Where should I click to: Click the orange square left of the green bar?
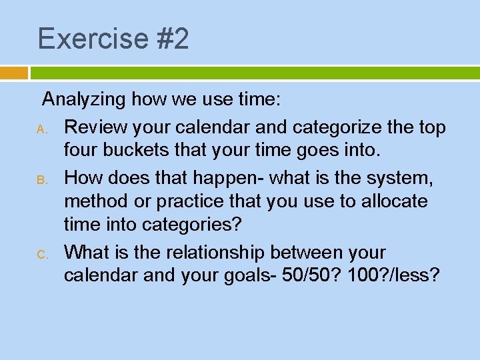[x=14, y=73]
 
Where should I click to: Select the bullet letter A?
[x=39, y=128]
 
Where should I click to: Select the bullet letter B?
[x=39, y=179]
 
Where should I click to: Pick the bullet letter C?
[x=39, y=254]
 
